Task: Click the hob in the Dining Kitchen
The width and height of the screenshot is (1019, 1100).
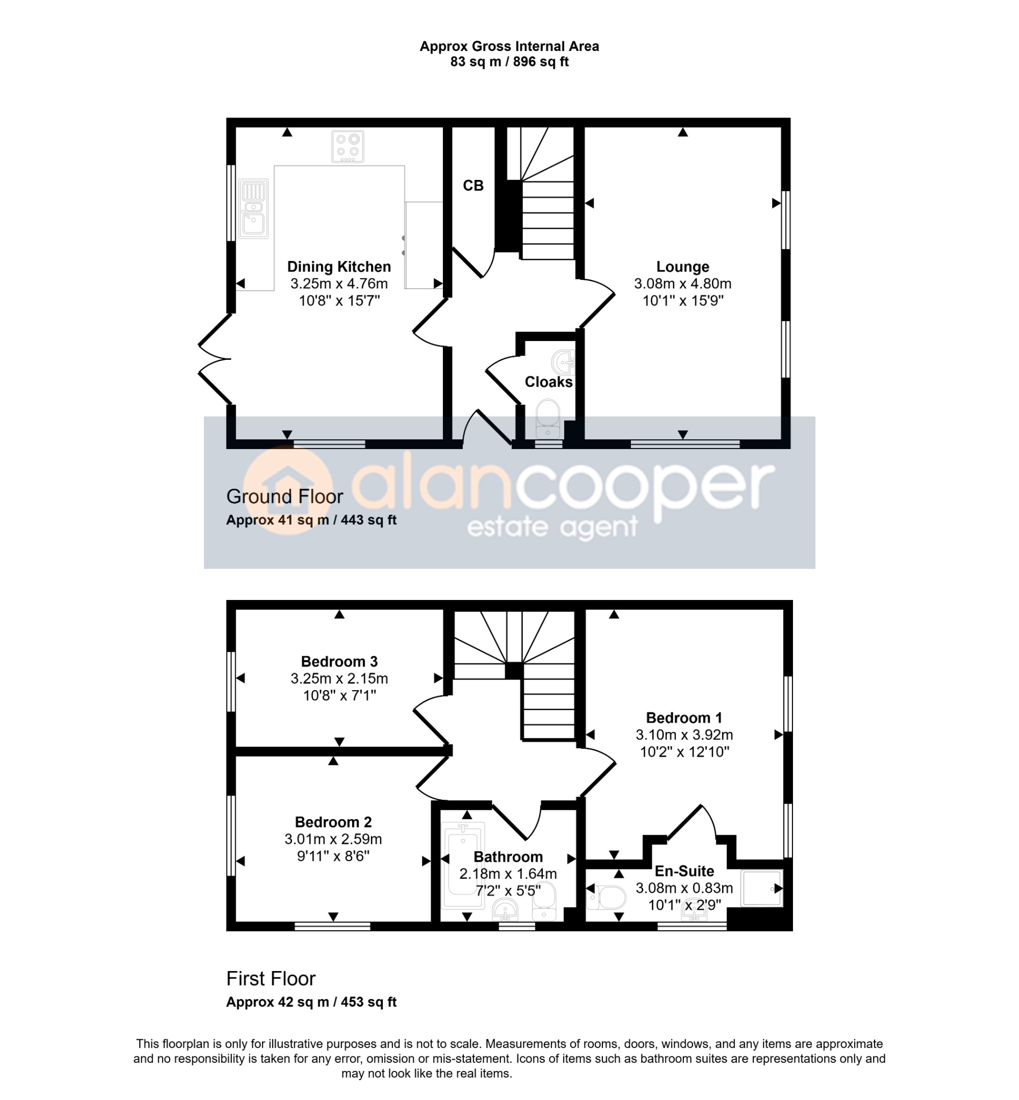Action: coord(347,146)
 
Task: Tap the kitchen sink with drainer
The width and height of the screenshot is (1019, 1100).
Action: coord(253,208)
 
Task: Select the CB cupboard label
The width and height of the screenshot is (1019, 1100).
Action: coord(473,186)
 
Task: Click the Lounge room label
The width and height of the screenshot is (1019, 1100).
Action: coord(682,267)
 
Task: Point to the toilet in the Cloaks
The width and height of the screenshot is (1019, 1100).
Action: coord(548,420)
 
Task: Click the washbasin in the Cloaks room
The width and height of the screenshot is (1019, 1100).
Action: coord(564,363)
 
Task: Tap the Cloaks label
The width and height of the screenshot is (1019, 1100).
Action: coord(549,382)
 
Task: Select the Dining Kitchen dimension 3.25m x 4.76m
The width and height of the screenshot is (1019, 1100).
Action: coord(339,284)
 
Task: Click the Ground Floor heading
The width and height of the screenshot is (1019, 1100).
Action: coord(285,496)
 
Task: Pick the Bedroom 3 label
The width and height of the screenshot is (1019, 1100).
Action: coord(339,661)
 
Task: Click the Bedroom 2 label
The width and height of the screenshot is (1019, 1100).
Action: coord(333,822)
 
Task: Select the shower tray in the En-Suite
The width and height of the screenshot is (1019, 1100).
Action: coord(762,888)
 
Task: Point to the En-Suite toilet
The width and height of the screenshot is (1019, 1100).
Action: coord(607,898)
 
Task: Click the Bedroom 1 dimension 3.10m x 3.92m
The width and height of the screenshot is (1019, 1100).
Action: coord(685,735)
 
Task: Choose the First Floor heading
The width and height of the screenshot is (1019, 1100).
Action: coord(271,979)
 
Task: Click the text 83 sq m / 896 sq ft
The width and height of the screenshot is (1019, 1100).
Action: coord(509,62)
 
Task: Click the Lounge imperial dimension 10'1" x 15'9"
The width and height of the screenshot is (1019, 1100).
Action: coord(682,301)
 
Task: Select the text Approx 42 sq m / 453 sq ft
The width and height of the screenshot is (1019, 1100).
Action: coord(311,1002)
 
